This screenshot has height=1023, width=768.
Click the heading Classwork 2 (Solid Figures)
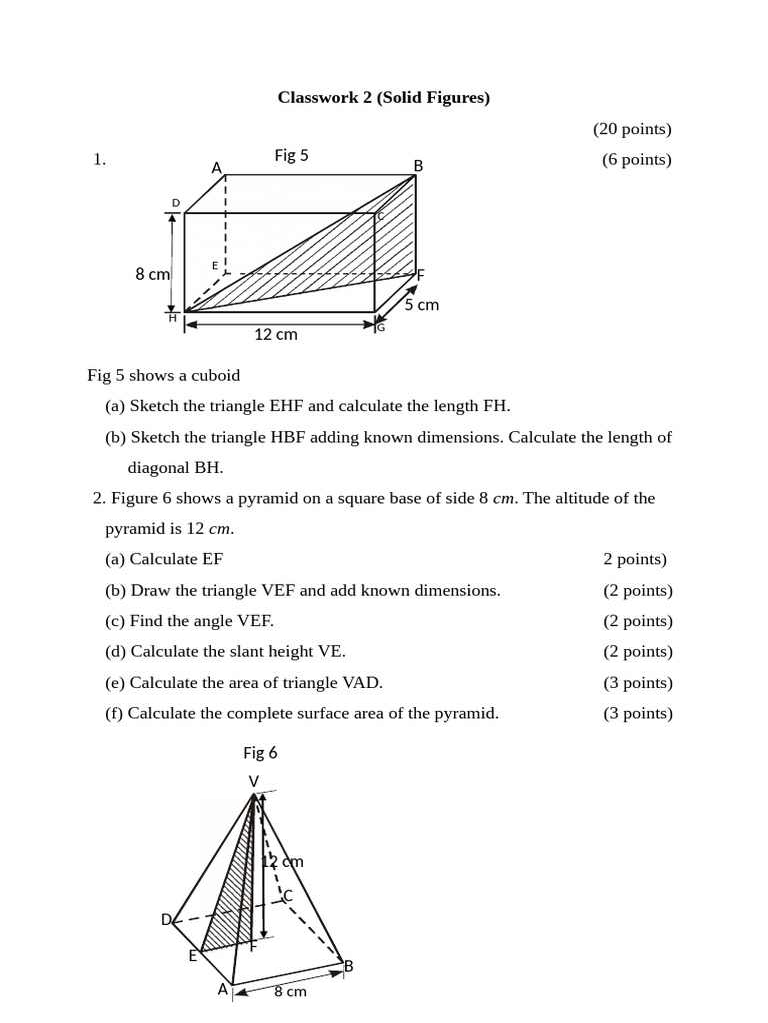click(384, 97)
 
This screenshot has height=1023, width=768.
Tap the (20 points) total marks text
click(632, 128)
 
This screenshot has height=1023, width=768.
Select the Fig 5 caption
click(291, 155)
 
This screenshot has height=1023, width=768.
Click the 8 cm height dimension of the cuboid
click(152, 274)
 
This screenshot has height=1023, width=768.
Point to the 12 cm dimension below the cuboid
click(275, 334)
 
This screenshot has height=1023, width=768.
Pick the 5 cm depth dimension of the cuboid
click(421, 304)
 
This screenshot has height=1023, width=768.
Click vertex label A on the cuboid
click(216, 168)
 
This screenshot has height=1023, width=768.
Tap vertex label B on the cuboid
click(418, 165)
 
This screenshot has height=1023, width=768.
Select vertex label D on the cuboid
click(176, 203)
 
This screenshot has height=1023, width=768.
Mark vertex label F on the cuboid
click(420, 274)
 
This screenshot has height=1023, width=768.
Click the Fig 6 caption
click(260, 752)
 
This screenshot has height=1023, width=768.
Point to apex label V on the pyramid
click(253, 780)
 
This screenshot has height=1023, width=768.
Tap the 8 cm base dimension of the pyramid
click(290, 991)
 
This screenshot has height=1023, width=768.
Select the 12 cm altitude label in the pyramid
click(283, 861)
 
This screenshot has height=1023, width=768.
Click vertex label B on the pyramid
click(348, 966)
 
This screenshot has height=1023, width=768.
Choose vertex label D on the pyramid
click(166, 919)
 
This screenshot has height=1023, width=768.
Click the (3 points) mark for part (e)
click(638, 683)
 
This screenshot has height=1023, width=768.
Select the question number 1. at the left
click(99, 159)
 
